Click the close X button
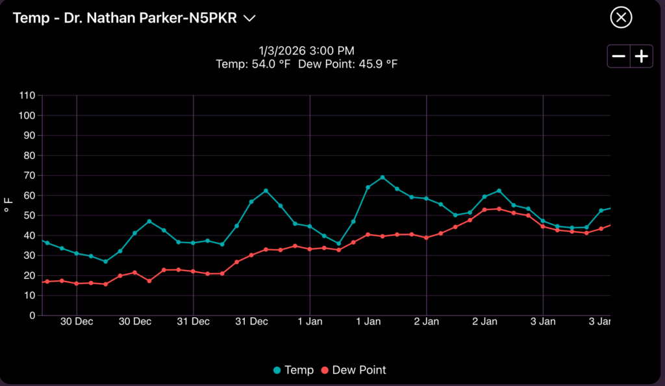tap(621, 18)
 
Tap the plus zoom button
tap(642, 56)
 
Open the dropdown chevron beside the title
tap(249, 18)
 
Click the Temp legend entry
tap(294, 370)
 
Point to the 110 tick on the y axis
tap(27, 95)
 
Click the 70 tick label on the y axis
tap(29, 175)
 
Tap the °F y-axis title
tap(9, 206)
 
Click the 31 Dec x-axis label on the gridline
tap(193, 321)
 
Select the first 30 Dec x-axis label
tap(77, 321)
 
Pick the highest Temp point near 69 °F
tap(383, 177)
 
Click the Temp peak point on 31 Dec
tap(266, 191)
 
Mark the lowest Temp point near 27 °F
tap(105, 261)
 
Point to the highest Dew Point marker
tap(499, 209)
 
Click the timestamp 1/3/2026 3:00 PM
tap(307, 51)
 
